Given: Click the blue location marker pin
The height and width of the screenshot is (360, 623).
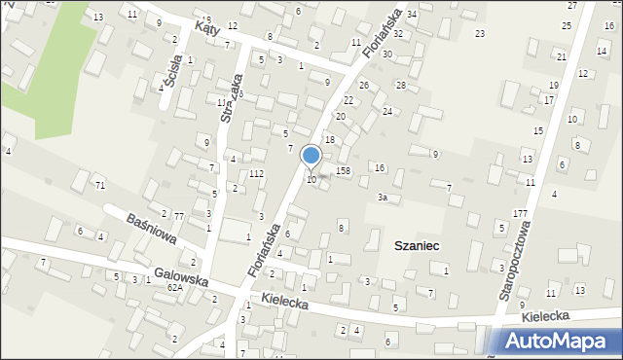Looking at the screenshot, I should coord(311,157).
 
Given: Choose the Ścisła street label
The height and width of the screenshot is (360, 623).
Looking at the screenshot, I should coord(173,67).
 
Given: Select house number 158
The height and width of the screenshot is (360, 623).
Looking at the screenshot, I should coord(343,171).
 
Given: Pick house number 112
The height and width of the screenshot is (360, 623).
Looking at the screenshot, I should coord(256,174).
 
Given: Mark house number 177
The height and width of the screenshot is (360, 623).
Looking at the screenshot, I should coord(520,213).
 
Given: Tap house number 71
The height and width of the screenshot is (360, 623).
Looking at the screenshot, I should coord(99,185).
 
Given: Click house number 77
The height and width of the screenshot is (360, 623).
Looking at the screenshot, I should coord(179,216).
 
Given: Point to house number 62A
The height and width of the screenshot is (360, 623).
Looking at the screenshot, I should coord(174,287).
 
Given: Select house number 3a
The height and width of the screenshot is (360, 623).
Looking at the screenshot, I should coord(384,198).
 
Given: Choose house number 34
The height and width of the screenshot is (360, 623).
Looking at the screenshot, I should coord(412,14).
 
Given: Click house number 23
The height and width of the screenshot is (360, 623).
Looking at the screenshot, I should coord(479,34).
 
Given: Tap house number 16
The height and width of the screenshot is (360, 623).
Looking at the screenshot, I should coord(381,168).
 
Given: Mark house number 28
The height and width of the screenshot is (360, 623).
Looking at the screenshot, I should coord(400,86).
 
